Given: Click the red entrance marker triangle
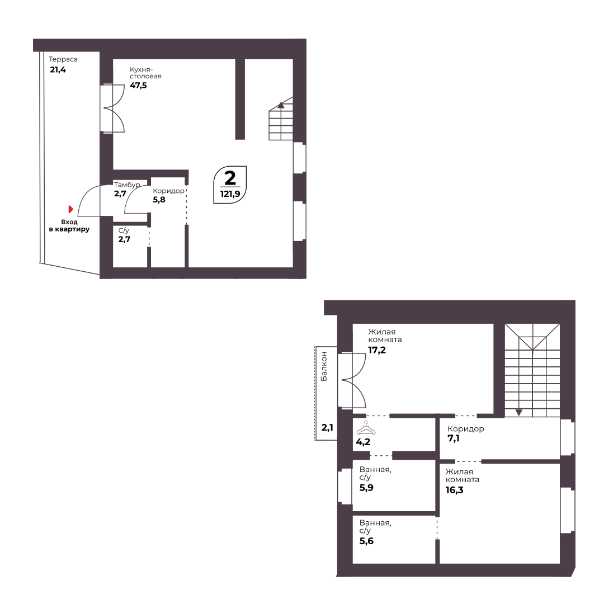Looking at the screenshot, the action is coord(70,209).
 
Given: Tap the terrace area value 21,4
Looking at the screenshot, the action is coord(58,70).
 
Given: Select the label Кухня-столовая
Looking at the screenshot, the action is coord(145,73).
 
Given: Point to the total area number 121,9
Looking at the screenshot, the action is coord(230,194).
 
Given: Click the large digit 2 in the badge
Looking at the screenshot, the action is coord(230,178).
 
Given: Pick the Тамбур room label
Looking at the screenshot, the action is coord(127,185).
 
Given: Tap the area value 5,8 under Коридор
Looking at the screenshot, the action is coord(159,200).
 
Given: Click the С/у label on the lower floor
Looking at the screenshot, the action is coord(124,231).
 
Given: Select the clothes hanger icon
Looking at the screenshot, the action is coord(365,428).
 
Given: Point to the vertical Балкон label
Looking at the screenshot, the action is coord(324,366).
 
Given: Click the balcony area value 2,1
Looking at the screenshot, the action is coord(327,427).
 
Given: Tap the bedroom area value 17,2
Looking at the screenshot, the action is coord(377,350).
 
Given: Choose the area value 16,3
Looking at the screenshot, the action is coord(455,490).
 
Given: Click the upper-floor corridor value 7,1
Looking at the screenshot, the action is coord(454,438).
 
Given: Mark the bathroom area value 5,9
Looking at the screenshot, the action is coord(366,488).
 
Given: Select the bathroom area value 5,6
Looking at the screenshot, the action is coord(366,541).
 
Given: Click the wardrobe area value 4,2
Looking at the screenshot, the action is coord(363,442).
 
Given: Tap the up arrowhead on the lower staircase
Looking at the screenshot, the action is coord(281,105).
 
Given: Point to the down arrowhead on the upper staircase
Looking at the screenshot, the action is coord(519,413).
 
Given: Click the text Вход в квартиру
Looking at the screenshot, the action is coord(69,226).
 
